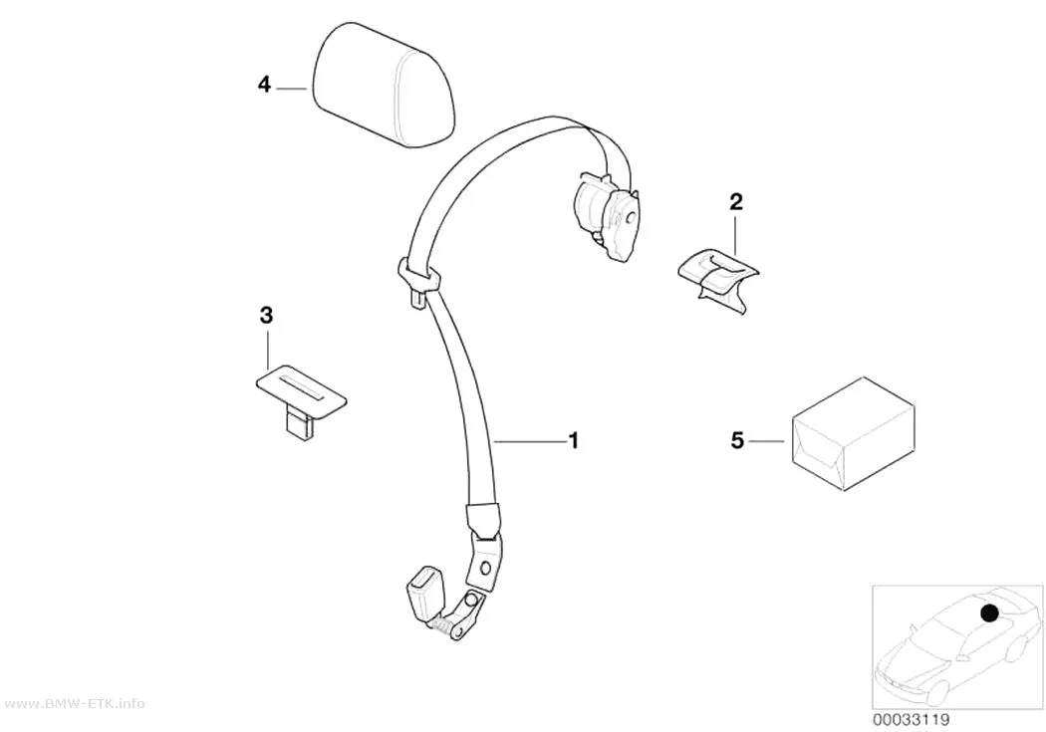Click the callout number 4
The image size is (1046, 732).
point(264,86)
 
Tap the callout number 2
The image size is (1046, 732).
point(736,201)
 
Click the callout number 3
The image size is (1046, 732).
point(266,316)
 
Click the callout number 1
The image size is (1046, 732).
point(573,440)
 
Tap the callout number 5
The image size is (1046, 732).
point(736,440)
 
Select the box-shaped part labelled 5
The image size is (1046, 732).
point(853,434)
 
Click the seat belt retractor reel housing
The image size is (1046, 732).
point(605,215)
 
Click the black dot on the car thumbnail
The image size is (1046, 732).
point(988,612)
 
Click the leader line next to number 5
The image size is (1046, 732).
point(767,440)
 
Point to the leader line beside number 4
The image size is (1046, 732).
point(292,88)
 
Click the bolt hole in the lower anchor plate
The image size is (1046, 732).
point(485,568)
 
